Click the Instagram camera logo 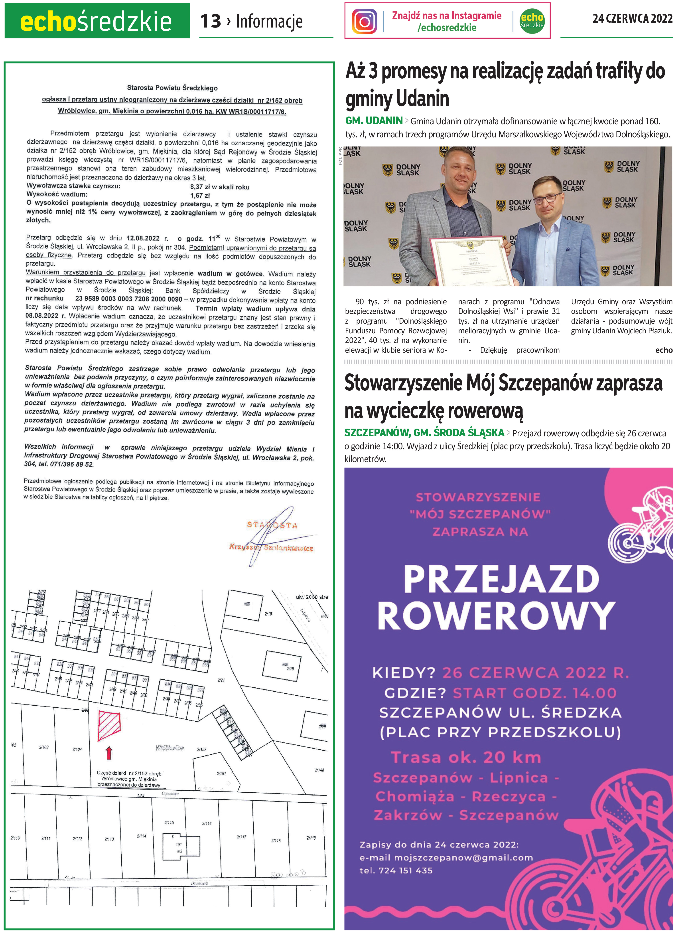tap(364, 21)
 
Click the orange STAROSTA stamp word tap(272, 525)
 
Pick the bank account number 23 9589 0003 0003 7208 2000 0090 tap(129, 299)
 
